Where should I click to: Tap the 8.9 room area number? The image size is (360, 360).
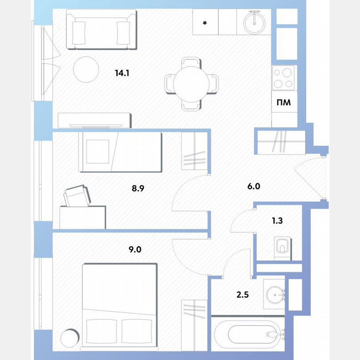point(138,188)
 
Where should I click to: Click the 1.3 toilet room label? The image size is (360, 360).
point(277,221)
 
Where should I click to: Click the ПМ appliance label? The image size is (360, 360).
point(284,102)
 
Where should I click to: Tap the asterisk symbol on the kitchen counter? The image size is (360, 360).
point(205,23)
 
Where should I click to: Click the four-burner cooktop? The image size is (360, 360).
point(283,78)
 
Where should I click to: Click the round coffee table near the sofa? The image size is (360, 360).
point(86,69)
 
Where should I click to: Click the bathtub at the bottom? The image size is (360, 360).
point(248,334)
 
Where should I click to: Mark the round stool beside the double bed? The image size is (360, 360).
point(69,337)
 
